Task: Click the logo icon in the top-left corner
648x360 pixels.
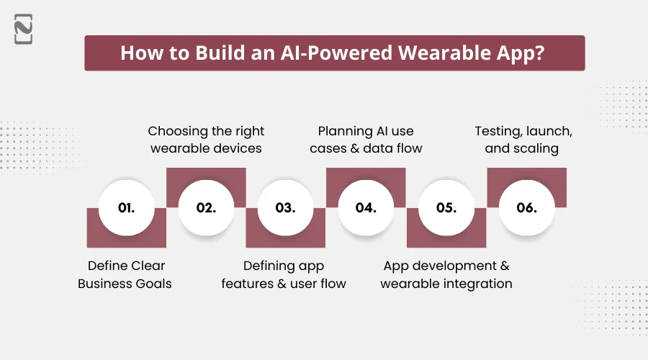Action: [x=23, y=31]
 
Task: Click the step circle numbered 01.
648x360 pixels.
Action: [x=127, y=207]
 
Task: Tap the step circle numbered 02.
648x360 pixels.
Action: [x=207, y=207]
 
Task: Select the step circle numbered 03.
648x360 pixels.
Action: [x=286, y=207]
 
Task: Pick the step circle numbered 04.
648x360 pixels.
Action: [x=366, y=207]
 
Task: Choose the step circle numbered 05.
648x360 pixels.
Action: [x=446, y=207]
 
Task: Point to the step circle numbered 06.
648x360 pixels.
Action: [x=527, y=207]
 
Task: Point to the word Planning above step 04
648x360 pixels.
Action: [x=345, y=131]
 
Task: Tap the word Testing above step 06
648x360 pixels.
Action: [x=499, y=131]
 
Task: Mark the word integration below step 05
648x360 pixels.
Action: [x=478, y=284]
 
